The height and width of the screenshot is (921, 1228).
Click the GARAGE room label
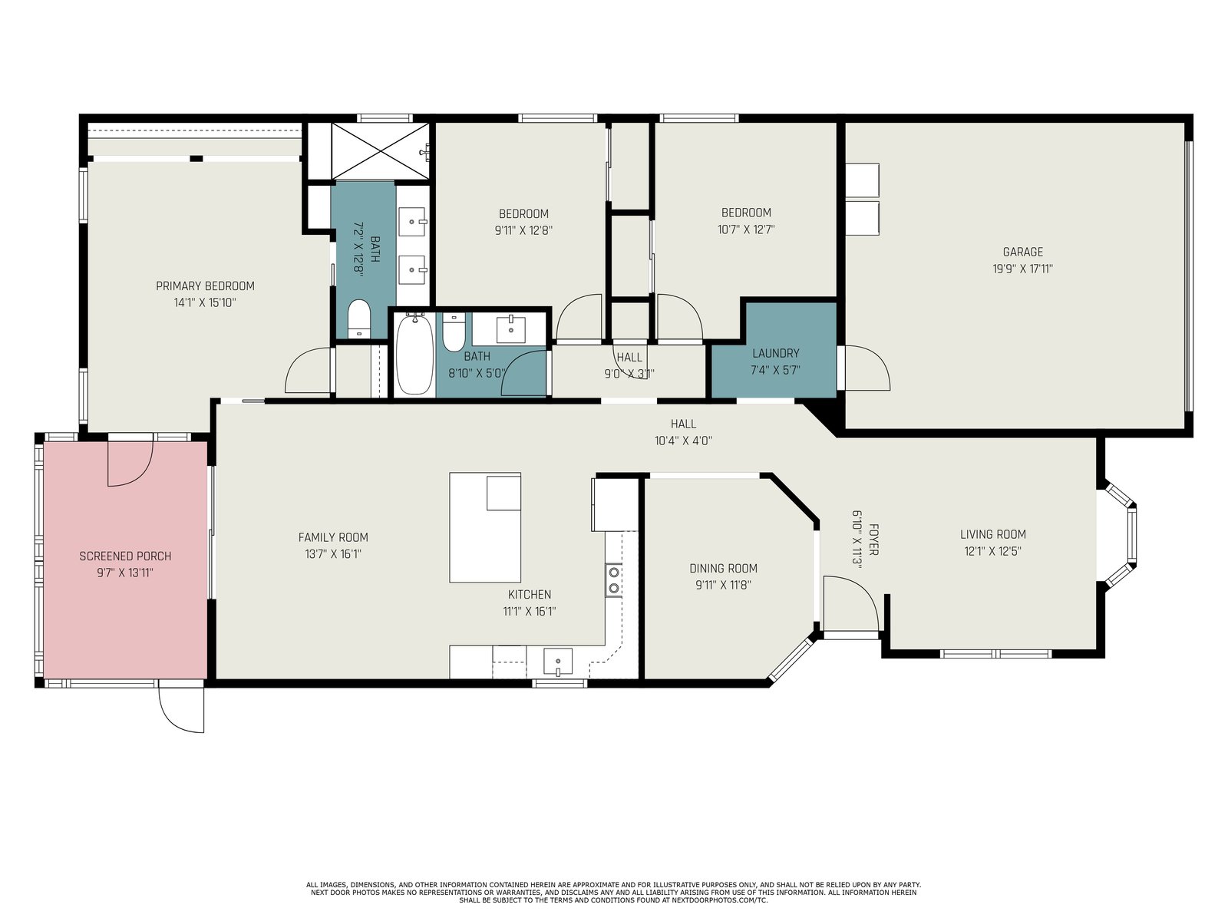1022,252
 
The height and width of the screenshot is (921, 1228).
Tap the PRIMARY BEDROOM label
205,286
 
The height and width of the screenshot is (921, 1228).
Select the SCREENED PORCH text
125,556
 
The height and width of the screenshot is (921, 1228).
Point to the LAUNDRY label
775,353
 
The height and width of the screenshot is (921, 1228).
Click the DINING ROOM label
723,568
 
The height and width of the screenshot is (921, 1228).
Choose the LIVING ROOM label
993,534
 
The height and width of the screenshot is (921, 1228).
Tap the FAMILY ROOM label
333,537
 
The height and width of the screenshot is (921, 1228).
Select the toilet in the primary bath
359,319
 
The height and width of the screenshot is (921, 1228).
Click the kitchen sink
558,662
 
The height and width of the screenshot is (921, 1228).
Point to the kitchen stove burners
614,580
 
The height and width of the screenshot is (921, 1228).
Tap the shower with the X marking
381,151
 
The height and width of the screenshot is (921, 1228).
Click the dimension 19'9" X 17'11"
1022,269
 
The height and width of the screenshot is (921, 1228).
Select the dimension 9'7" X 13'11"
125,573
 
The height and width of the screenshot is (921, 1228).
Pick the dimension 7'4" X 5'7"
775,370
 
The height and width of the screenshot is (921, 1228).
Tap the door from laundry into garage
867,368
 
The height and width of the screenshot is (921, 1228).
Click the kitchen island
485,528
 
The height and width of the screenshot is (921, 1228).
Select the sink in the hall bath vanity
511,329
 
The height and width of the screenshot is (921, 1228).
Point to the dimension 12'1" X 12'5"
993,551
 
